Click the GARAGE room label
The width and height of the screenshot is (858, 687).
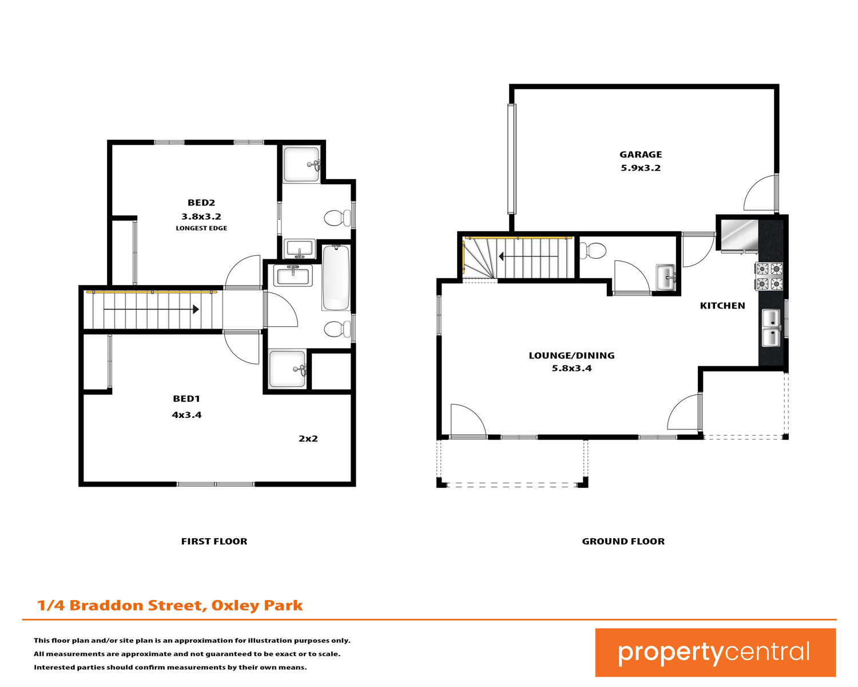tap(640, 154)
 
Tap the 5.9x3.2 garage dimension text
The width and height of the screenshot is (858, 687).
tap(640, 168)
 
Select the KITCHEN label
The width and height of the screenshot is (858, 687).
tap(722, 305)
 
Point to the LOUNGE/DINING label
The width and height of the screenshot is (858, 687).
tap(571, 356)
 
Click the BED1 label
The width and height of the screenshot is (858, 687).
tap(186, 398)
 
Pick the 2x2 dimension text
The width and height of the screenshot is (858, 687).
tap(308, 439)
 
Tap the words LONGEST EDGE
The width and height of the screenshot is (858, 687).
tap(201, 228)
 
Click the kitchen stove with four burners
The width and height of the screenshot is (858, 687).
tap(769, 276)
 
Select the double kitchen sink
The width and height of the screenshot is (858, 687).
tap(771, 327)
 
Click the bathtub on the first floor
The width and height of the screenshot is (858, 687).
tap(336, 278)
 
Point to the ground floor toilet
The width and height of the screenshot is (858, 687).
tap(593, 251)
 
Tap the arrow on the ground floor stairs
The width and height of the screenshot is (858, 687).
tap(528, 256)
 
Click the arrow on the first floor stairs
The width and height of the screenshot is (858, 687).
tap(151, 309)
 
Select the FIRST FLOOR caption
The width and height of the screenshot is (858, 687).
tap(214, 541)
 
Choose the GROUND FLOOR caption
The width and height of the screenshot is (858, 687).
tap(623, 541)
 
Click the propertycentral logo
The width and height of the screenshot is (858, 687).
tap(715, 652)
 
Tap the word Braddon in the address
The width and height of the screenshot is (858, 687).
tap(106, 606)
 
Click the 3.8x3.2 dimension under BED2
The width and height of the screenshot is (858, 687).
tap(201, 216)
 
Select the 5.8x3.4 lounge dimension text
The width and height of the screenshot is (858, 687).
tap(571, 368)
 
